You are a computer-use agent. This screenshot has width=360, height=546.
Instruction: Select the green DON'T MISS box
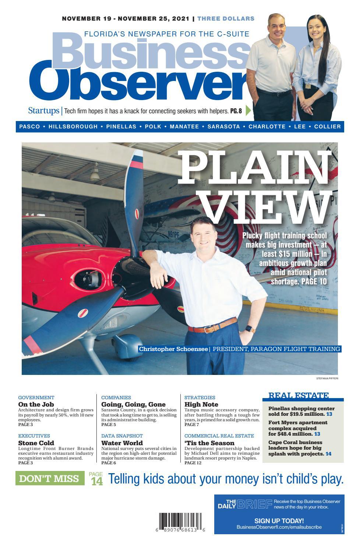[50, 478]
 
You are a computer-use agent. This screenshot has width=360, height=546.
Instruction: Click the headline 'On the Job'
[36, 404]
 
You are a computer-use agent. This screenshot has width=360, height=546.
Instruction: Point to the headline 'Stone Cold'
[36, 443]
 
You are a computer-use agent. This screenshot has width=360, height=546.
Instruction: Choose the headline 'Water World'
[122, 443]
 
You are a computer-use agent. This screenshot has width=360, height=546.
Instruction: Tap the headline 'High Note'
[201, 404]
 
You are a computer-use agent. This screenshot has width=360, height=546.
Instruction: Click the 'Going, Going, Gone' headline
[133, 404]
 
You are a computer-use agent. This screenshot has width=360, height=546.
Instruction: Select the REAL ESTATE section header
[299, 396]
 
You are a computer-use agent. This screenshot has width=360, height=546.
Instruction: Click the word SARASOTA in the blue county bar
[223, 127]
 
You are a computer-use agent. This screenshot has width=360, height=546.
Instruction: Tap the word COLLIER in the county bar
[327, 127]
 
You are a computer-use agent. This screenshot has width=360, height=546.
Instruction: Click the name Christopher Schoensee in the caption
[173, 349]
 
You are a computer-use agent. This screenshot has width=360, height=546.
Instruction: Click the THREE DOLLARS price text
[226, 18]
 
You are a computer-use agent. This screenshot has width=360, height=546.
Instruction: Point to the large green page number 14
[97, 482]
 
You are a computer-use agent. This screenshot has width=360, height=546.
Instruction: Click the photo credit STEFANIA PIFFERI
[327, 378]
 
